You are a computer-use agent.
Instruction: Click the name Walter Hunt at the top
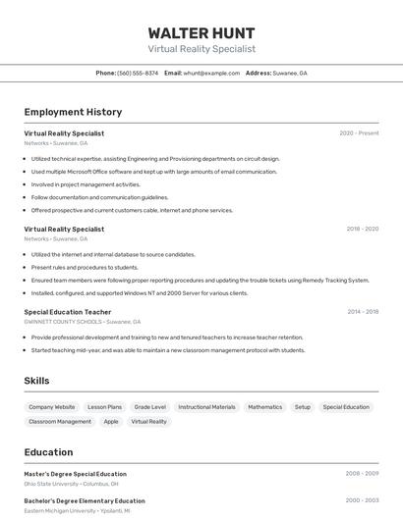point(201,32)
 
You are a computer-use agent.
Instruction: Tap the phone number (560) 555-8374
point(138,74)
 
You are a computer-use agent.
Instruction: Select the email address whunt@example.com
point(211,74)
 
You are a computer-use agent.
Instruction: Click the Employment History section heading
point(73,112)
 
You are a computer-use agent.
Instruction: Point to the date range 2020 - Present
point(359,133)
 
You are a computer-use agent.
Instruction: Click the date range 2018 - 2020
point(362,229)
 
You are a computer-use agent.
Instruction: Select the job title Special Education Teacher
point(68,312)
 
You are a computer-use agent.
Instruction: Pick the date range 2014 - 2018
point(363,312)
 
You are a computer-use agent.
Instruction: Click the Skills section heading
point(36,381)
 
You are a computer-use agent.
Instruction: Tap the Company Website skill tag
point(51,407)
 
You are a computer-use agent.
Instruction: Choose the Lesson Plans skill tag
point(104,407)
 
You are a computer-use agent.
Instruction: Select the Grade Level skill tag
point(150,407)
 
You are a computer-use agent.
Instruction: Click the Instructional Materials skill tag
point(206,407)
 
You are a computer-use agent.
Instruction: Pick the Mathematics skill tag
point(264,407)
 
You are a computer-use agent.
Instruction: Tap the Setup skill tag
point(303,407)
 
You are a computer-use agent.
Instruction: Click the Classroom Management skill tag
point(60,422)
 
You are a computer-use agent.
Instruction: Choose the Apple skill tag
point(111,422)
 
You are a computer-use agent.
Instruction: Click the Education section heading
point(48,452)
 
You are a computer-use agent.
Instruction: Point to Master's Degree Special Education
point(75,474)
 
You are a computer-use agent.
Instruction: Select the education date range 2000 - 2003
point(362,500)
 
